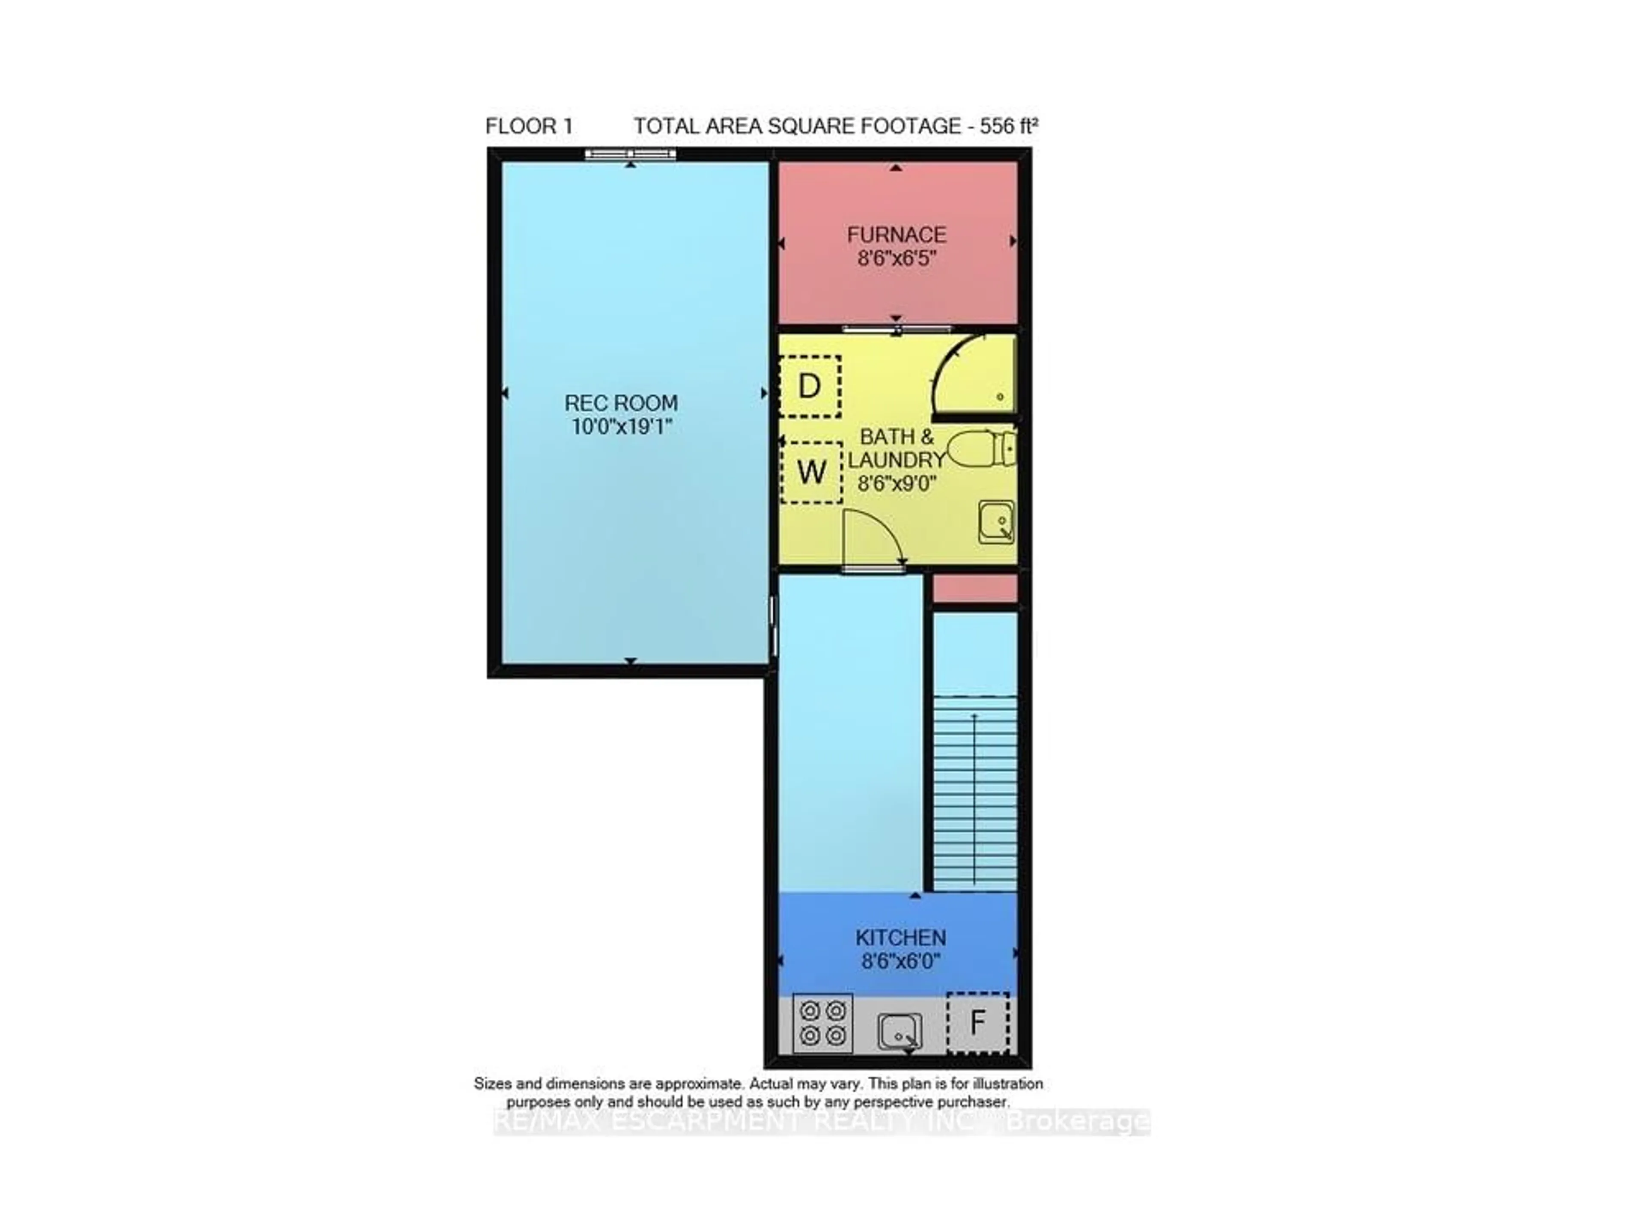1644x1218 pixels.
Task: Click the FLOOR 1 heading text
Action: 529,126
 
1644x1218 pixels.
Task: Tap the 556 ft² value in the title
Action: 1008,126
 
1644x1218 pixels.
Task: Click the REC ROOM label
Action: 621,403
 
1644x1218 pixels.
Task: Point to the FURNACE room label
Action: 896,235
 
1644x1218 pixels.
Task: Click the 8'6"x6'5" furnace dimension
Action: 896,259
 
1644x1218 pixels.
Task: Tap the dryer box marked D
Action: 810,386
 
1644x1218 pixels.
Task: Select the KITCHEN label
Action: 900,938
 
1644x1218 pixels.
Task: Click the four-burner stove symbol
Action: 823,1023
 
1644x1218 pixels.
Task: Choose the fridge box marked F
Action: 977,1023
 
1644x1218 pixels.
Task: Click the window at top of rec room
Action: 630,154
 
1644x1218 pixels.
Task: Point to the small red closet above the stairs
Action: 974,588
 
